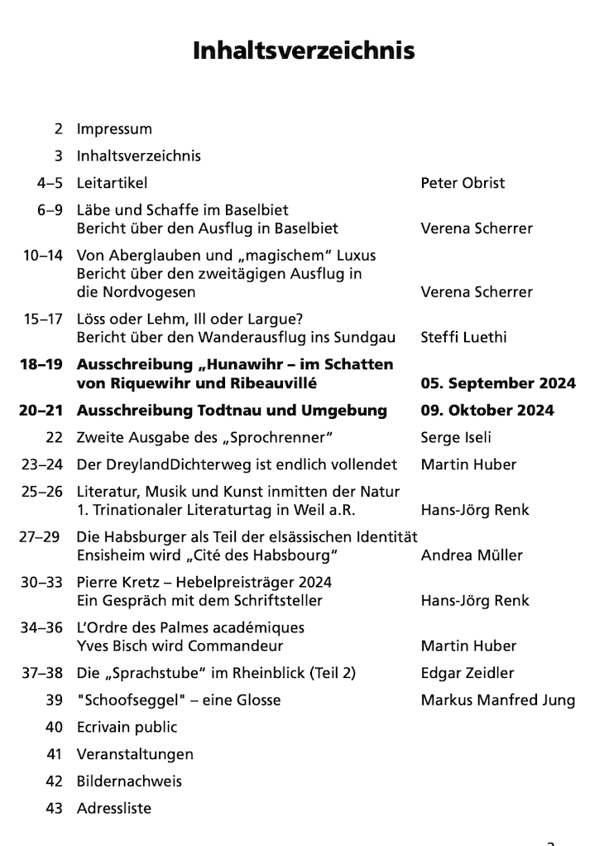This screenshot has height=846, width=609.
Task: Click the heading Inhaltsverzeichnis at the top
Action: pyautogui.click(x=304, y=51)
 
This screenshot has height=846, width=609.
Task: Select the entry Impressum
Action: pyautogui.click(x=114, y=129)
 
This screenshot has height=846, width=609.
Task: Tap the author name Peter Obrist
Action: pyautogui.click(x=463, y=183)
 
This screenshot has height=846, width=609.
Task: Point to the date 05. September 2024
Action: pyautogui.click(x=498, y=383)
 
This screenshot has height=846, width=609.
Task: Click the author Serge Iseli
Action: pyautogui.click(x=456, y=437)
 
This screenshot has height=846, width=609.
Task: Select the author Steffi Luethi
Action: pyautogui.click(x=463, y=337)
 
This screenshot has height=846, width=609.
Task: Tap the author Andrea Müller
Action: pyautogui.click(x=472, y=555)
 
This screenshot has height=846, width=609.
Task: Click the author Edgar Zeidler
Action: pyautogui.click(x=468, y=673)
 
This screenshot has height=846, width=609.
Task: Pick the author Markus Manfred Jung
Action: pyautogui.click(x=498, y=700)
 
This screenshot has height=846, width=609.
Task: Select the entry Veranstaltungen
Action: pyautogui.click(x=135, y=754)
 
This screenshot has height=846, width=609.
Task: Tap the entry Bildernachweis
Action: pyautogui.click(x=129, y=781)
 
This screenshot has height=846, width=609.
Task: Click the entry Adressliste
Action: pyautogui.click(x=114, y=808)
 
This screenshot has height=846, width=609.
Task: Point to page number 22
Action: pyautogui.click(x=55, y=437)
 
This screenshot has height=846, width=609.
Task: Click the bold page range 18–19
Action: pyautogui.click(x=41, y=365)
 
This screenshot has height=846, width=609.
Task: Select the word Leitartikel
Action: pyautogui.click(x=112, y=183)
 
